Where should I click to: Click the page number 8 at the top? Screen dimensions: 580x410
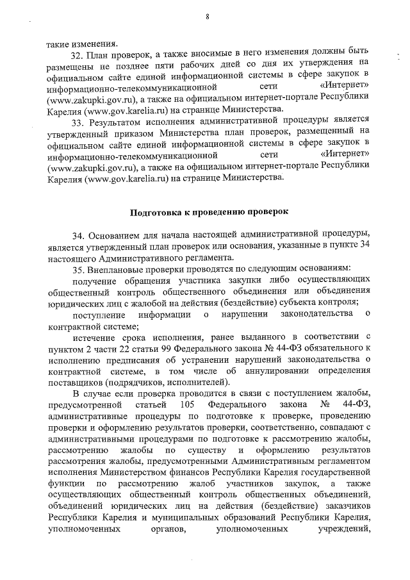click(208, 17)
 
